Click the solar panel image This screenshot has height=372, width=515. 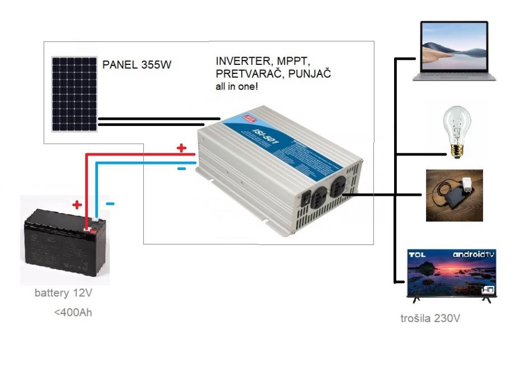[x=75, y=93]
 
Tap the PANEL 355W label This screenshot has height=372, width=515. [x=137, y=65]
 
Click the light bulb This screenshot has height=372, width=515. [x=456, y=131]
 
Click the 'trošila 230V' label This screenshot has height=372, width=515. [x=430, y=319]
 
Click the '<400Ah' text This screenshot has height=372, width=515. [x=73, y=312]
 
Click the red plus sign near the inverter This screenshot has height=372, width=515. [x=181, y=148]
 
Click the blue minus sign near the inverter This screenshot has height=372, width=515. [x=181, y=168]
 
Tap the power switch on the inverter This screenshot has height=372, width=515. [x=306, y=197]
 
